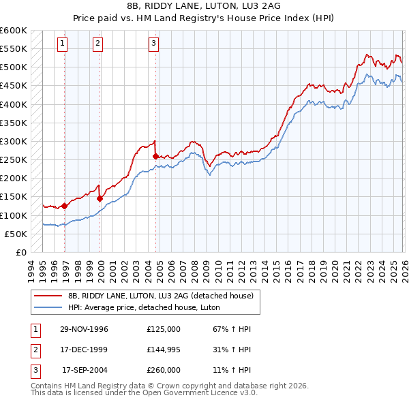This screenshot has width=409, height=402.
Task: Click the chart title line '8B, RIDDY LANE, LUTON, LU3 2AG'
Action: [204, 5]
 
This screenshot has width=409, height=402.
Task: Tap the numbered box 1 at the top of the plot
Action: [62, 44]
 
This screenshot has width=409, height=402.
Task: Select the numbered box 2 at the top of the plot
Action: [97, 44]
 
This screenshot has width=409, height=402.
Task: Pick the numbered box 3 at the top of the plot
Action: [153, 44]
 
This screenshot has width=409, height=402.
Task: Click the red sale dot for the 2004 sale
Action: [156, 156]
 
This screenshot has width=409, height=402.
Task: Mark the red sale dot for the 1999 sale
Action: [100, 199]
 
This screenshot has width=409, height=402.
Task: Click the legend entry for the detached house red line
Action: [161, 296]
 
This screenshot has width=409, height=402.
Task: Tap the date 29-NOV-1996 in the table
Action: [84, 329]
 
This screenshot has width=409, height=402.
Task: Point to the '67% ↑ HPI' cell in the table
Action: [227, 329]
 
